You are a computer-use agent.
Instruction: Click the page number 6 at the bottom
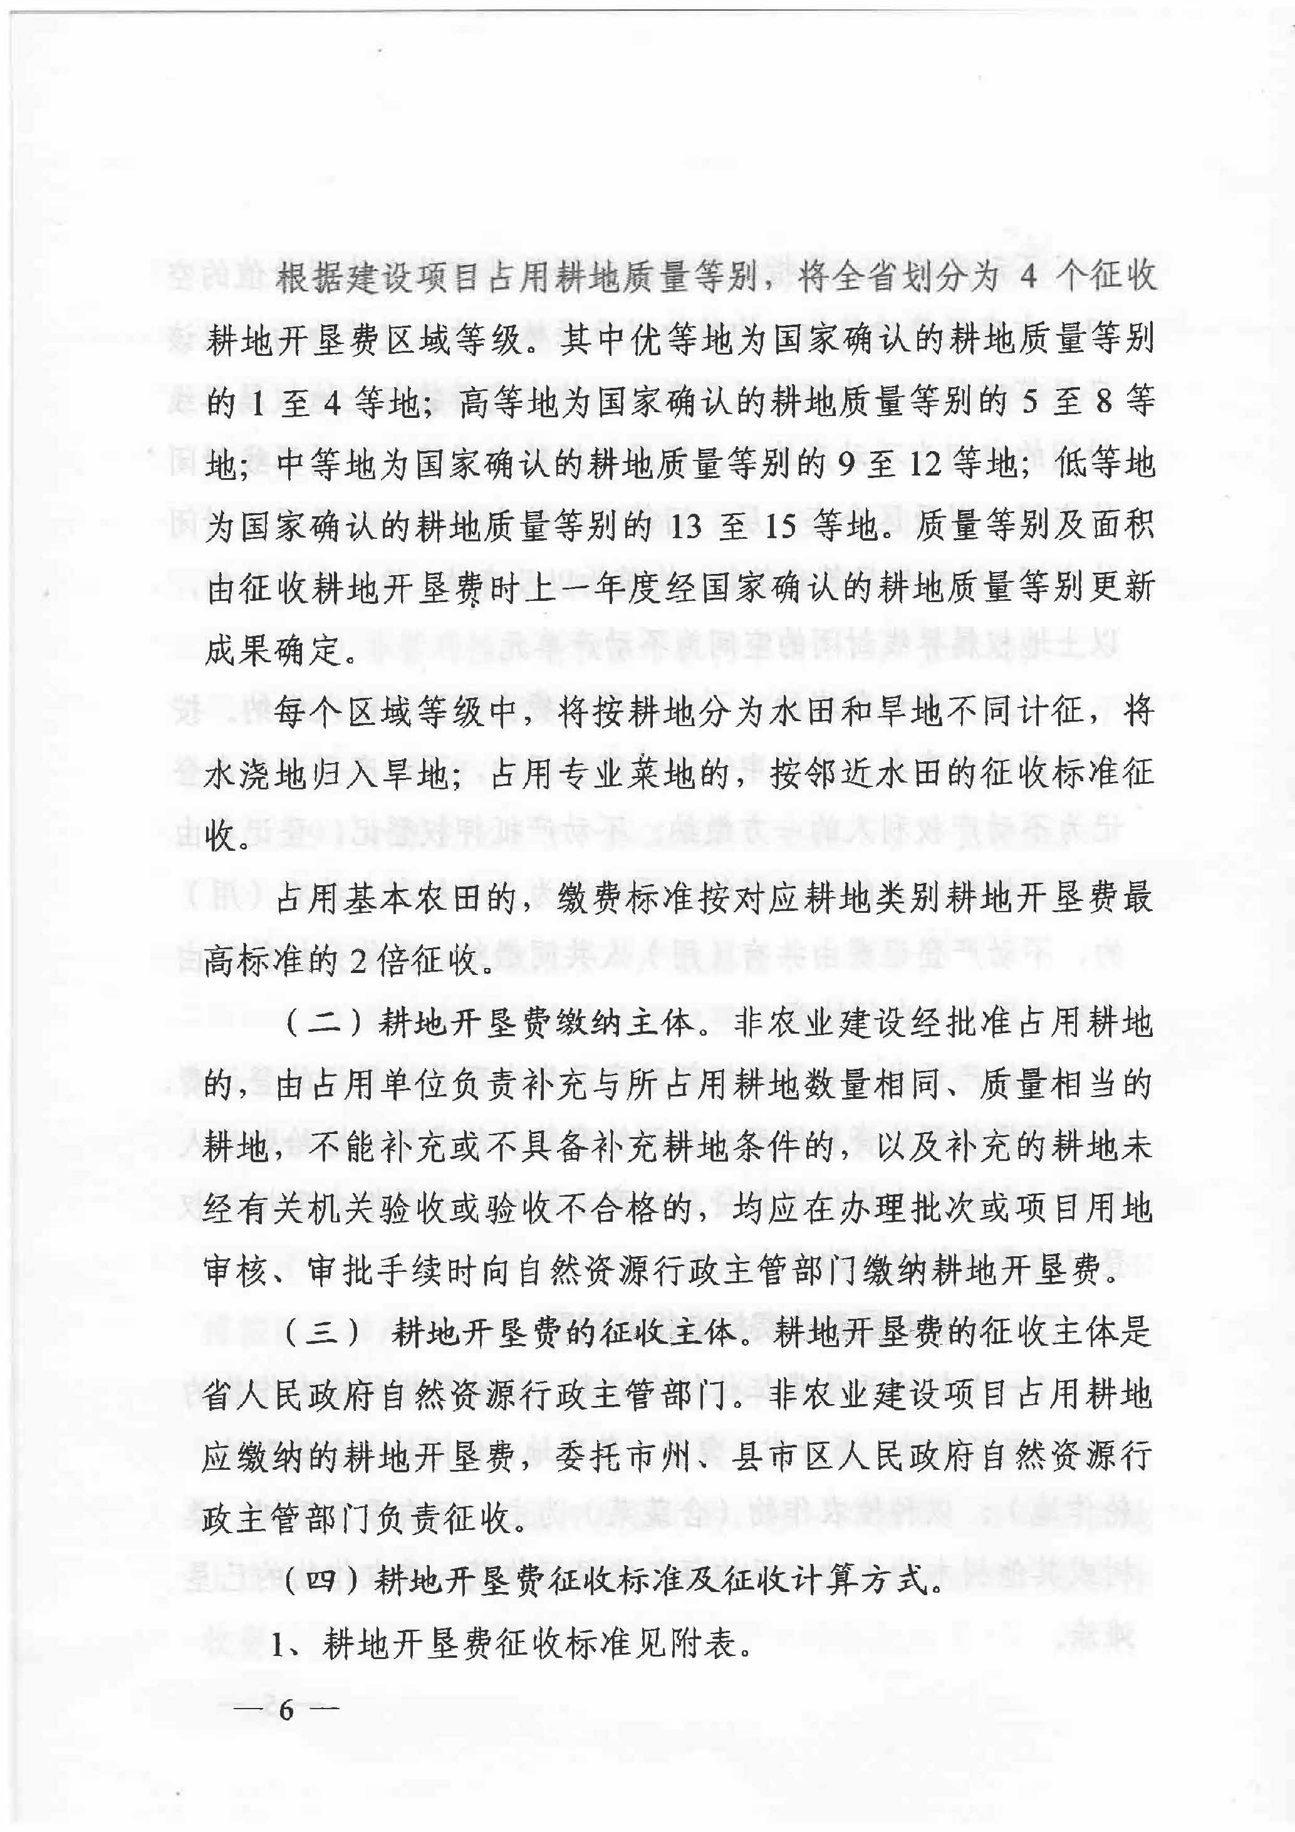[286, 1710]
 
